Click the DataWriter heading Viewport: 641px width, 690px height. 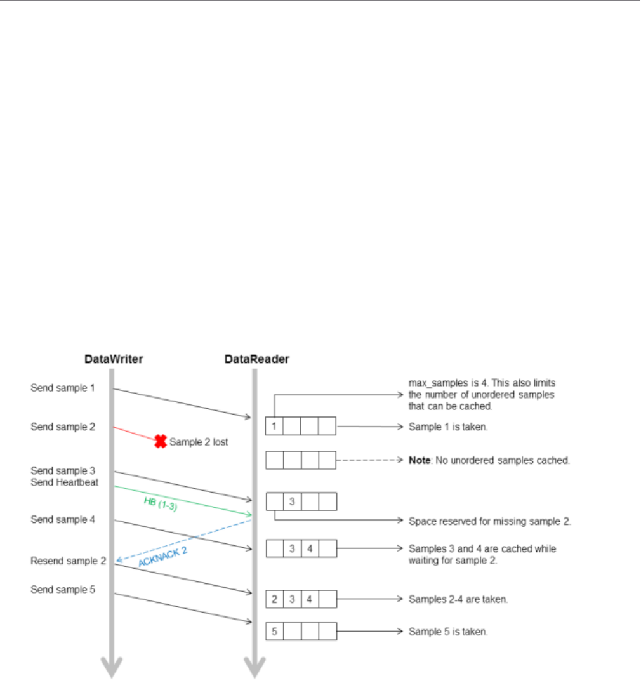(114, 359)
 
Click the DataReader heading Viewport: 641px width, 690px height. (256, 359)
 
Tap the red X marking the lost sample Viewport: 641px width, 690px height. (161, 441)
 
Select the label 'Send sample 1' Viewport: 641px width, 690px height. (62, 387)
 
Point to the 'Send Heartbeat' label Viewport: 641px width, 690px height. (64, 482)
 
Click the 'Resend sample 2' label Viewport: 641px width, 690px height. (68, 561)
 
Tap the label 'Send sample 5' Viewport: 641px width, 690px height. (62, 589)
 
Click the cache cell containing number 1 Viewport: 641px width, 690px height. (274, 427)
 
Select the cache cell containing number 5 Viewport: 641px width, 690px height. (274, 632)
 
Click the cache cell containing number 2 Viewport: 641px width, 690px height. (274, 599)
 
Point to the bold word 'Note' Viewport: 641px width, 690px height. (420, 460)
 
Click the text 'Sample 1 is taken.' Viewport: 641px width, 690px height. (448, 427)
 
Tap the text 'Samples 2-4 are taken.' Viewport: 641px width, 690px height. (458, 599)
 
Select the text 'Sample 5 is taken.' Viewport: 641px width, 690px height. (448, 632)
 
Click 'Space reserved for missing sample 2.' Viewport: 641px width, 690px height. (490, 521)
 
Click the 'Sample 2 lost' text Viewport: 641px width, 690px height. (199, 442)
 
